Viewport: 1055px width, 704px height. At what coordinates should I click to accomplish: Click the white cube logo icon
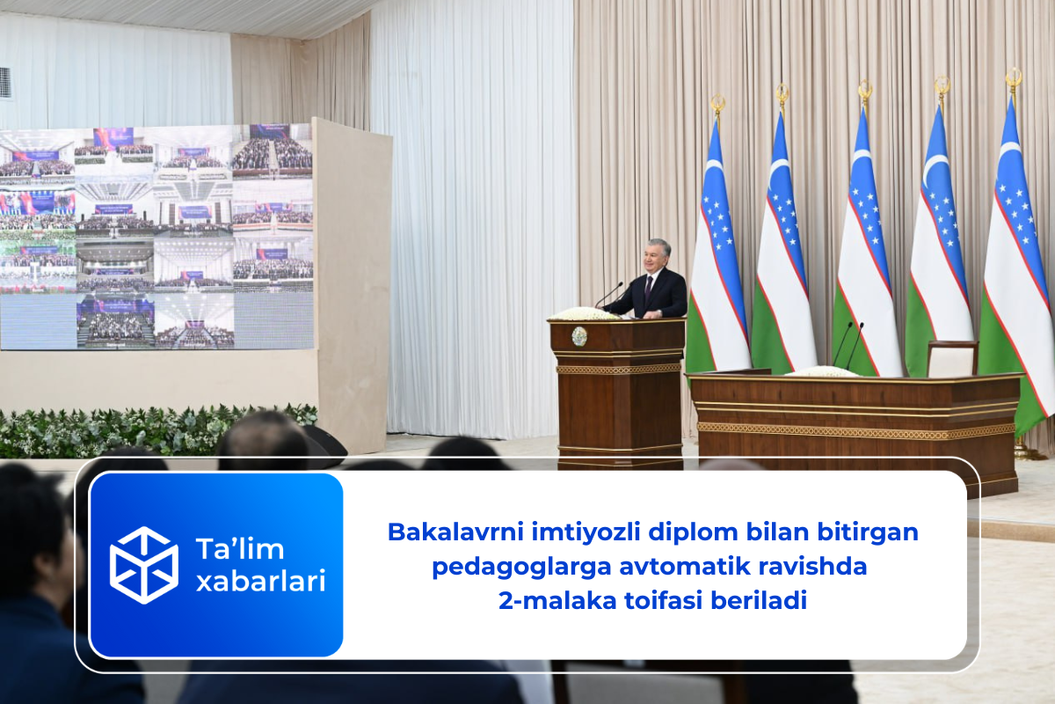pos(143,564)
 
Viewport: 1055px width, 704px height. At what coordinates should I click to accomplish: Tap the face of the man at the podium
pos(658,254)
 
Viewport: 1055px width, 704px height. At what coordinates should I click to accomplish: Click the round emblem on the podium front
pos(579,336)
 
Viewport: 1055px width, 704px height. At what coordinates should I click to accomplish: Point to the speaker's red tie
pos(648,286)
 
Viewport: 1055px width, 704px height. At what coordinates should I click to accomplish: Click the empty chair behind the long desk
pos(953,357)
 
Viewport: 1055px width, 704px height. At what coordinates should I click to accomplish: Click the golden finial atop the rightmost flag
pos(1014,79)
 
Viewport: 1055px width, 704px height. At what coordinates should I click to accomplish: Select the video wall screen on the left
pos(156,236)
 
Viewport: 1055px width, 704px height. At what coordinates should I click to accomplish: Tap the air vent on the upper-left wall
pos(5,82)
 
